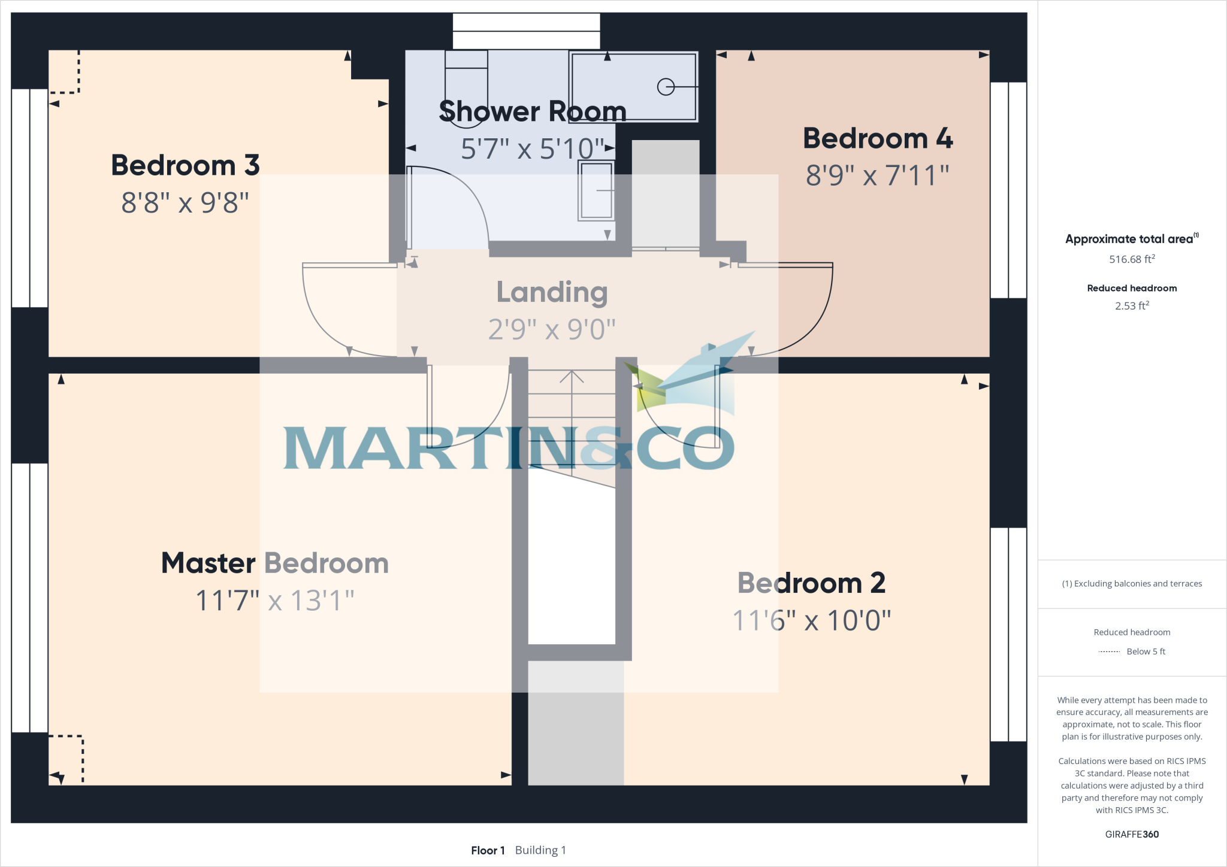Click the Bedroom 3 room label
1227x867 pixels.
pyautogui.click(x=185, y=165)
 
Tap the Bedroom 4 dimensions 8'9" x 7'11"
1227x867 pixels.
pyautogui.click(x=877, y=175)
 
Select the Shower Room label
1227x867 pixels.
pyautogui.click(x=532, y=111)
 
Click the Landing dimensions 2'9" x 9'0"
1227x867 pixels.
pyautogui.click(x=552, y=329)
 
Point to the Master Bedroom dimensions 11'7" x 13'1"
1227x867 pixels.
pyautogui.click(x=275, y=601)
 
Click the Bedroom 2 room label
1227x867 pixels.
pyautogui.click(x=811, y=583)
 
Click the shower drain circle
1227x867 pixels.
pyautogui.click(x=666, y=87)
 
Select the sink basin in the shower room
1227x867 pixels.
pyautogui.click(x=596, y=191)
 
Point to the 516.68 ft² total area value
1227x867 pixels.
pyautogui.click(x=1132, y=259)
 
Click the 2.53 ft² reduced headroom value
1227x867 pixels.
pyautogui.click(x=1132, y=306)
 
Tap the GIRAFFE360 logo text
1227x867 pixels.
pyautogui.click(x=1132, y=834)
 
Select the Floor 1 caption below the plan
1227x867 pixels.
pyautogui.click(x=488, y=850)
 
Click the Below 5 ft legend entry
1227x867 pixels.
pyautogui.click(x=1132, y=651)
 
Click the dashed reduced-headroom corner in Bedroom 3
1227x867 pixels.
pyautogui.click(x=65, y=72)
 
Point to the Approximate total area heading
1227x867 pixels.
pyautogui.click(x=1130, y=239)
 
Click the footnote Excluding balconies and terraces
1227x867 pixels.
pyautogui.click(x=1132, y=584)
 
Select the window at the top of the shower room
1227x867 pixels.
pyautogui.click(x=526, y=31)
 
